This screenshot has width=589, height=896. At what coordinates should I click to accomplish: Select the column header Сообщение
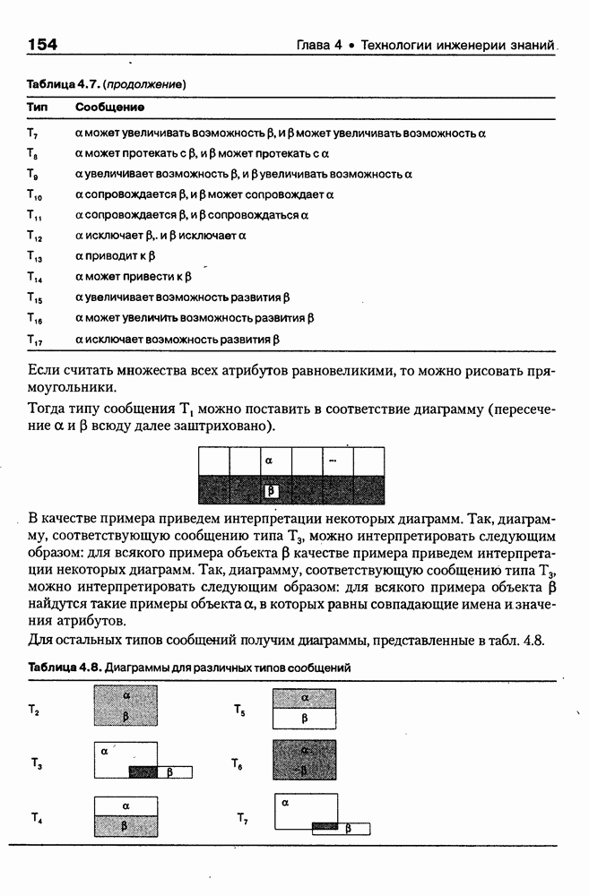pos(109,108)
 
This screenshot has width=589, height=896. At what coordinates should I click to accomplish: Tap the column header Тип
pos(37,108)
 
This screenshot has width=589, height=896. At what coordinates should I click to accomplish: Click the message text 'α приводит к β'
pos(116,256)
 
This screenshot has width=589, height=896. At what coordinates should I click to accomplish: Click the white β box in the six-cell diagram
pos(272,490)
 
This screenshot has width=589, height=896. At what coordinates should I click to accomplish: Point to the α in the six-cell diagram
pos(268,461)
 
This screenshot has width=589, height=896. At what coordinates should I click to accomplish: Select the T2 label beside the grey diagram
pos(35,710)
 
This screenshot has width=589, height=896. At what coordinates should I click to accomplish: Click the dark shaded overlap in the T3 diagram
pos(143,771)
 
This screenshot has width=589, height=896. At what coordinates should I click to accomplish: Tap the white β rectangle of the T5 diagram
pos(305,718)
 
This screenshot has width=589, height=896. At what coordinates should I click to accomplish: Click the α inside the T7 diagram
pos(285,805)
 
